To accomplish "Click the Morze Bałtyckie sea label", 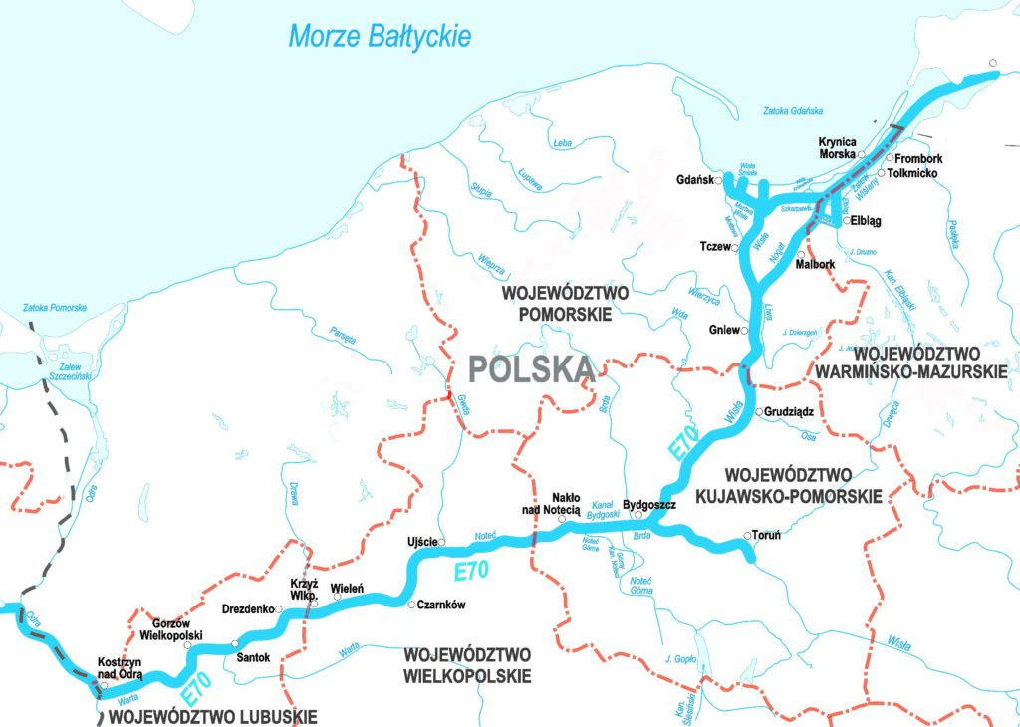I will [x=380, y=37].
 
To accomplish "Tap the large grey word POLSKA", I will [x=531, y=369].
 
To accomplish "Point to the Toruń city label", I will [x=767, y=535].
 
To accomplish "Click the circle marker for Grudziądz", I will [x=759, y=411].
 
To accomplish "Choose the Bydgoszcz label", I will [x=649, y=505].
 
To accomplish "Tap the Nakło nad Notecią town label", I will [x=559, y=503].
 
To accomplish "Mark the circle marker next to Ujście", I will [x=442, y=542].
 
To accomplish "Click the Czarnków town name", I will [x=442, y=605].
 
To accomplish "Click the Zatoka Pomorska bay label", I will [x=55, y=308].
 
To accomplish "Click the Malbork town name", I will [x=816, y=264].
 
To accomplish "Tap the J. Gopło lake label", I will [x=679, y=659].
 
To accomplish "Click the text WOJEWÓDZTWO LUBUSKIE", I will [x=212, y=715].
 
